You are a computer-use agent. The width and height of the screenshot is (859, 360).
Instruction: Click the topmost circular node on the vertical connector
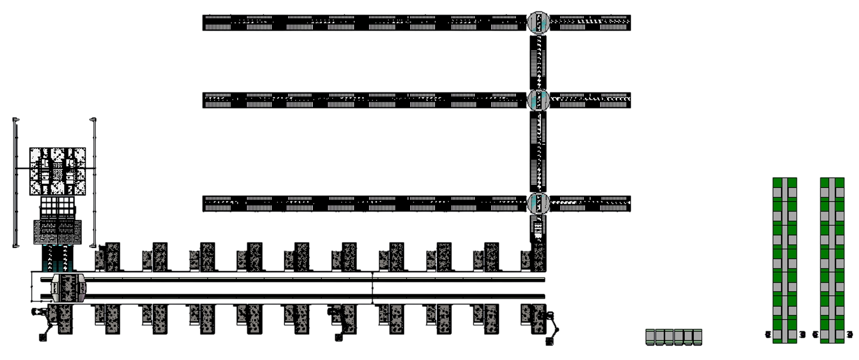point(538,22)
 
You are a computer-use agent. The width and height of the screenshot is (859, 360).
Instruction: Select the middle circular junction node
point(538,99)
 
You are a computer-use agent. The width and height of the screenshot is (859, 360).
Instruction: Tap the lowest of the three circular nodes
point(538,203)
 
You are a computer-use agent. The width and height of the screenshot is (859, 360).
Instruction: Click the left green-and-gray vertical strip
point(785,260)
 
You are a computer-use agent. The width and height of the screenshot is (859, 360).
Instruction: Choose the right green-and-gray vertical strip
point(832,260)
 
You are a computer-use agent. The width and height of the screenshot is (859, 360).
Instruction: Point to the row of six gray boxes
point(674,336)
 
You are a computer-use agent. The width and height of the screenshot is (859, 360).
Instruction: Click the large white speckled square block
point(58,172)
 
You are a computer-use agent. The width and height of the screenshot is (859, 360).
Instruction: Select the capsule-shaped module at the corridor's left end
point(68,288)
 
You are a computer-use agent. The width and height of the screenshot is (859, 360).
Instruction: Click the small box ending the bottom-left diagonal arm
point(44,338)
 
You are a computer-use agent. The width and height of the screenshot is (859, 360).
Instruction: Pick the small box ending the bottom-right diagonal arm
point(549,343)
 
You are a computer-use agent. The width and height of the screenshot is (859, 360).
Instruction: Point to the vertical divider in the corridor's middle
point(372,288)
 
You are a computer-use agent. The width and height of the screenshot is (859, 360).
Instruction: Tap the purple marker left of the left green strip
point(768,334)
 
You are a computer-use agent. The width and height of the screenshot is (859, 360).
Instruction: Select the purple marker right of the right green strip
point(850,334)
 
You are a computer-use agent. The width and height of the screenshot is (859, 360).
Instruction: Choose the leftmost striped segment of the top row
point(218,22)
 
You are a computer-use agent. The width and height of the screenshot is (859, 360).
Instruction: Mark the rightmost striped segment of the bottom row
point(613,204)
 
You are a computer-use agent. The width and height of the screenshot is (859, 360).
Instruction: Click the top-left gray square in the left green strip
point(777,193)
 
